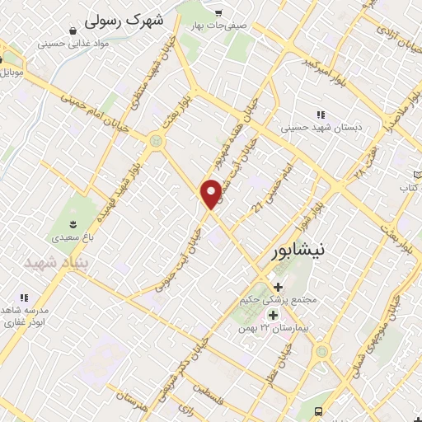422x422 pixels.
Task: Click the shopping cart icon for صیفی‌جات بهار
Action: [218, 12]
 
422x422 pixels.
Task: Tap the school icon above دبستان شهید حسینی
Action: [320, 115]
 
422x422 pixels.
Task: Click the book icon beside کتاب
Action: [417, 175]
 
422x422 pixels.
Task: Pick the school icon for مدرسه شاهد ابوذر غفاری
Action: [23, 297]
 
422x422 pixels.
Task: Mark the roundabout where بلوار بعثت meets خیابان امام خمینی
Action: [155, 142]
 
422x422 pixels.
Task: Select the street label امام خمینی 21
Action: [273, 189]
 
